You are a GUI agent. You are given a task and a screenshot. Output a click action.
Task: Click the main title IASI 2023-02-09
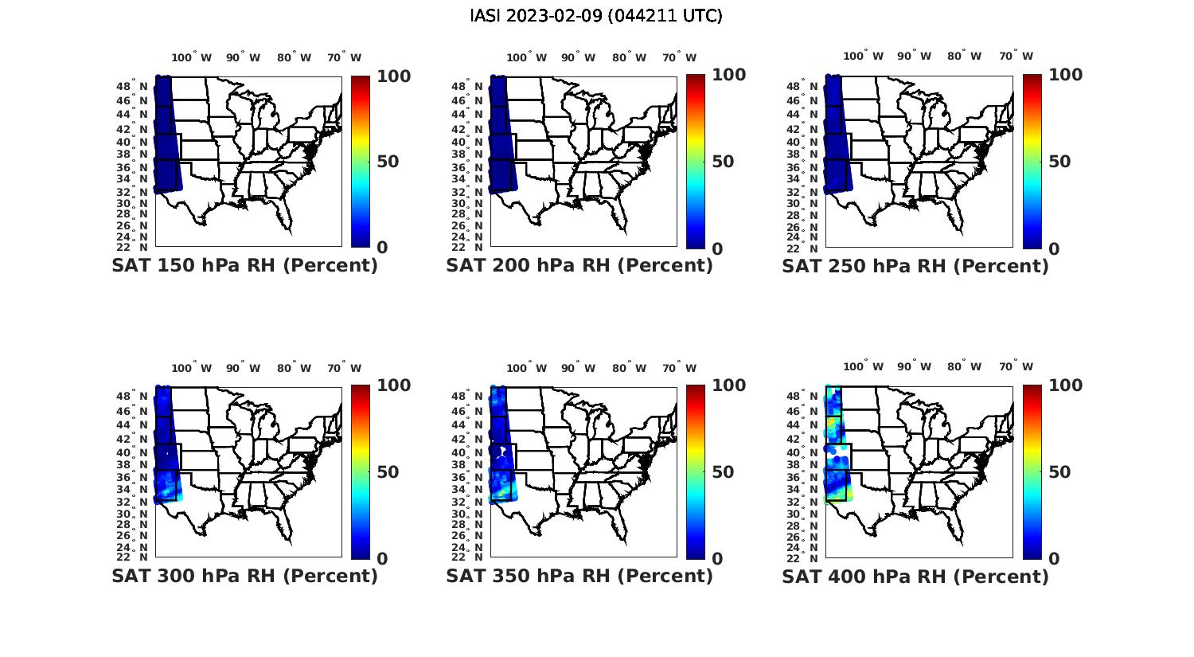[x=596, y=16]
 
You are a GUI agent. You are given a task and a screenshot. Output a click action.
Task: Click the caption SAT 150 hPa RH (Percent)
[x=245, y=266]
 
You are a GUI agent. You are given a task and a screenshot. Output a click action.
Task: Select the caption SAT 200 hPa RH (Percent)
[x=579, y=266]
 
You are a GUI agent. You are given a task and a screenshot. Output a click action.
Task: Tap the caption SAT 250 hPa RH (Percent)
[x=915, y=266]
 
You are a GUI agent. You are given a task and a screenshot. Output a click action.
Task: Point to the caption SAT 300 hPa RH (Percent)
[x=245, y=576]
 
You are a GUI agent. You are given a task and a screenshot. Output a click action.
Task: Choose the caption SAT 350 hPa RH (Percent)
[x=579, y=576]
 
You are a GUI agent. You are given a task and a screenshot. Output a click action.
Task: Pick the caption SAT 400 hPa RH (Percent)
[x=915, y=576]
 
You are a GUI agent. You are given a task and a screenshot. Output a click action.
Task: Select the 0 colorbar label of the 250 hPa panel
[x=1054, y=248]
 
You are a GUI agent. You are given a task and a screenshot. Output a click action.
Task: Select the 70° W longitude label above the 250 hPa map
[x=1016, y=56]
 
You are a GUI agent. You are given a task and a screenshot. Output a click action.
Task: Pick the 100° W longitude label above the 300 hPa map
[x=192, y=368]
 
